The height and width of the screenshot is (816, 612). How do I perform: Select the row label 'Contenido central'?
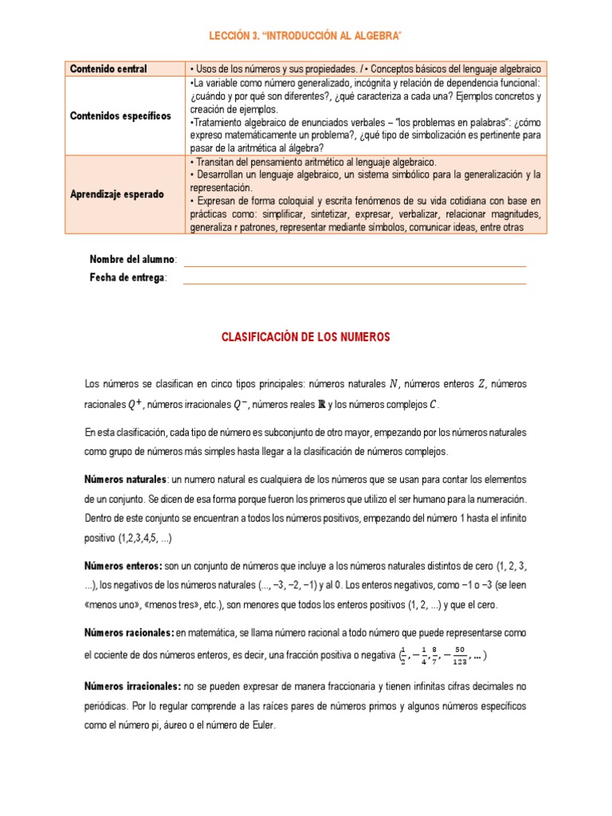click(108, 69)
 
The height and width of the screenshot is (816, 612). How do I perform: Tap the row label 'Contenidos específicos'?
click(120, 116)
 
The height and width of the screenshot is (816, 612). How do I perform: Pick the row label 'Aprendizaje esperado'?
click(117, 194)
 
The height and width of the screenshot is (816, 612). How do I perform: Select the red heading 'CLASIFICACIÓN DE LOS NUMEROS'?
click(305, 338)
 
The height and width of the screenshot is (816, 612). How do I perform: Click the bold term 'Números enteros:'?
click(124, 566)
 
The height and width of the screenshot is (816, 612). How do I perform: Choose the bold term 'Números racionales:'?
click(129, 633)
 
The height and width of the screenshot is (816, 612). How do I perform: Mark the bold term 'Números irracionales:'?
click(132, 686)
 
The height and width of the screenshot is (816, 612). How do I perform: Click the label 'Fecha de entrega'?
click(127, 277)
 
